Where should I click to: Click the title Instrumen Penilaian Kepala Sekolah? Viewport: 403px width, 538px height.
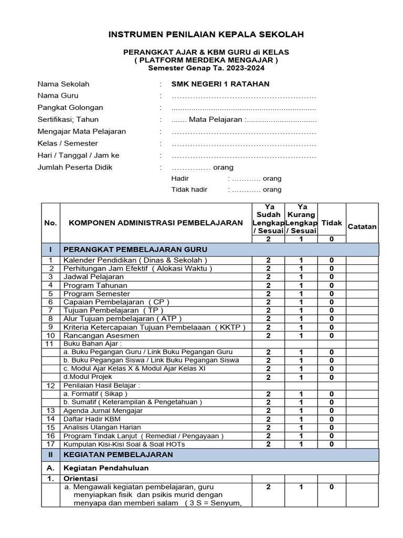click(206, 35)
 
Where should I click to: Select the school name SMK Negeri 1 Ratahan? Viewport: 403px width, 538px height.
click(220, 84)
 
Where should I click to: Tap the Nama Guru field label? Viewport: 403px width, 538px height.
click(58, 96)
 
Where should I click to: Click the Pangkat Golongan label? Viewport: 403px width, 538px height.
click(70, 108)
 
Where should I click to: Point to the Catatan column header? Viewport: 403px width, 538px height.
click(362, 226)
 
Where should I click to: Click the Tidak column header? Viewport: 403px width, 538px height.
click(332, 223)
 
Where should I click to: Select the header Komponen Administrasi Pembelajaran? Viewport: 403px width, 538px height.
click(156, 223)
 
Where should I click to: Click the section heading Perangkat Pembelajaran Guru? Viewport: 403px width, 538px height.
click(135, 249)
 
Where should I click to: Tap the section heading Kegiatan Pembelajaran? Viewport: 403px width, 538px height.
click(118, 454)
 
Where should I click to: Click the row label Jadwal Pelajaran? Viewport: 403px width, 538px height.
click(93, 277)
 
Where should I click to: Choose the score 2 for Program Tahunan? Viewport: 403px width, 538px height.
click(268, 285)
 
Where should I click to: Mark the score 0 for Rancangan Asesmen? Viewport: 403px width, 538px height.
click(332, 335)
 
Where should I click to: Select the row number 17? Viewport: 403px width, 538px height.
click(51, 444)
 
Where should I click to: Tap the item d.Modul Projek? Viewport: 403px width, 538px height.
click(87, 377)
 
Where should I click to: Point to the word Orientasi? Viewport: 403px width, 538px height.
click(81, 479)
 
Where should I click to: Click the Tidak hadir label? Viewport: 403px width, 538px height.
click(189, 190)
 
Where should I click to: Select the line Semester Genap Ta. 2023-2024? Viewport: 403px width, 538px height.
click(206, 68)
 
